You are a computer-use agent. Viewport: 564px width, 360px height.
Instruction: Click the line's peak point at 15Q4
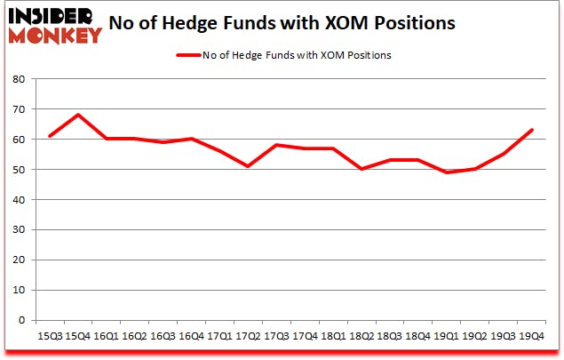coord(78,115)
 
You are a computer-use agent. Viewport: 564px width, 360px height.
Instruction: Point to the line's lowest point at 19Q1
coord(449,172)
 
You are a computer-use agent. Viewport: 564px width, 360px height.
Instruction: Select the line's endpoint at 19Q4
coord(532,130)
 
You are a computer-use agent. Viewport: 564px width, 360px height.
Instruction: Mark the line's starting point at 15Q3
coord(50,136)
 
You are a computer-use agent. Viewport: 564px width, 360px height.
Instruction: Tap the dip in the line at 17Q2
coord(248,166)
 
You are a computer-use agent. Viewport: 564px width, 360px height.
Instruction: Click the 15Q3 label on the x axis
coord(50,336)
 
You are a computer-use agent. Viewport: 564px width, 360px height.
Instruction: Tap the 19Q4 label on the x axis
coord(532,336)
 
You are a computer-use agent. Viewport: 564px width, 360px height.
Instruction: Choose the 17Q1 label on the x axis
coord(219,336)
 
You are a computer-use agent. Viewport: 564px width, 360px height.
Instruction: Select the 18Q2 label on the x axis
coord(361,336)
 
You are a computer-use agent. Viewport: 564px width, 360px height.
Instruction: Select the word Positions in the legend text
coord(369,55)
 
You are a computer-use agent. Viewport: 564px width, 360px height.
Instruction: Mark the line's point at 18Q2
coord(361,169)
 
